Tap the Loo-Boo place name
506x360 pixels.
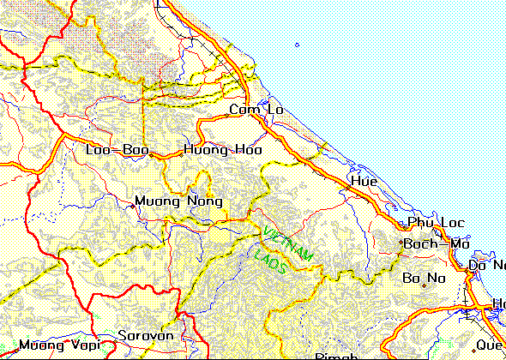[x=117, y=150]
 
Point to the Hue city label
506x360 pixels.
[x=364, y=182]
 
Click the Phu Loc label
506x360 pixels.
[x=436, y=223]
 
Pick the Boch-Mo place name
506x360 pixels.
[x=437, y=243]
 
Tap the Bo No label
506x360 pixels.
[x=425, y=278]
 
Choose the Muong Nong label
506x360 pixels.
[x=172, y=202]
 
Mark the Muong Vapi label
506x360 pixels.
[x=60, y=346]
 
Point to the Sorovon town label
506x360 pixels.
[x=146, y=335]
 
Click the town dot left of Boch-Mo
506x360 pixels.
[x=401, y=244]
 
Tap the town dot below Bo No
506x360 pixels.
[x=425, y=286]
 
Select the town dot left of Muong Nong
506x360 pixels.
[x=130, y=203]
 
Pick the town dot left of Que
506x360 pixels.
[x=472, y=345]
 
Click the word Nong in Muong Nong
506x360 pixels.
[x=193, y=202]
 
